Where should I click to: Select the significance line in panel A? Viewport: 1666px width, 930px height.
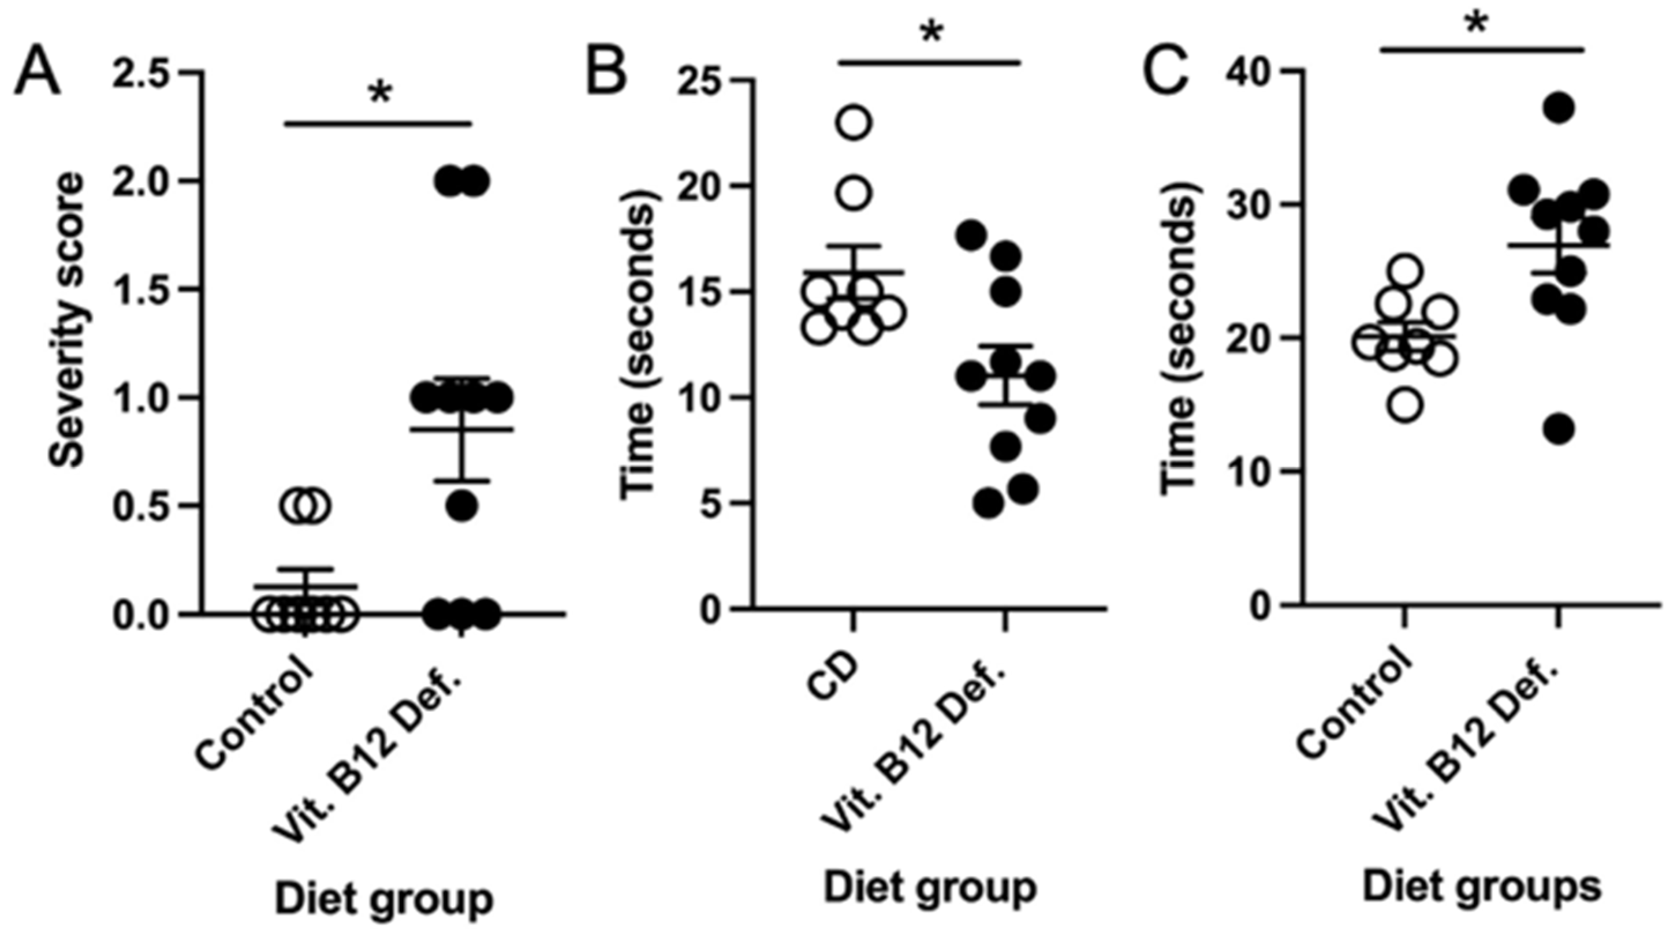click(x=378, y=123)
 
